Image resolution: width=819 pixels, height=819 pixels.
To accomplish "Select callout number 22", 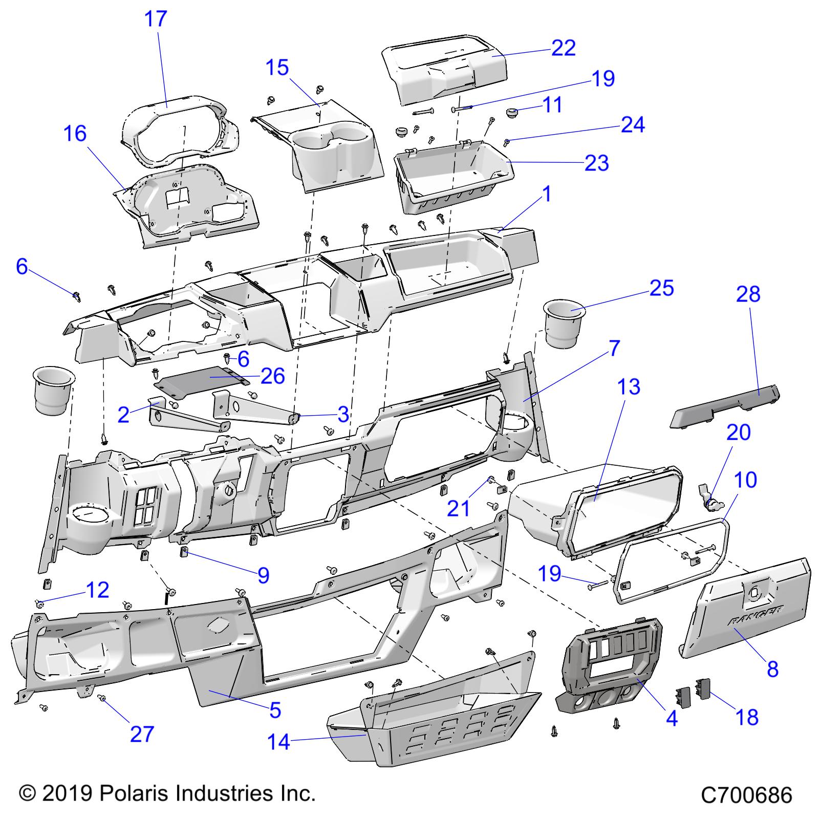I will click(564, 48).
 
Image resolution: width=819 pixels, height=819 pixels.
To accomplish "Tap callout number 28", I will click(748, 294).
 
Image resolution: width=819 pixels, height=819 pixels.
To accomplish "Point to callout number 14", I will click(279, 742).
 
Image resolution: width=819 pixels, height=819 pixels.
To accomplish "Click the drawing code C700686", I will click(746, 795).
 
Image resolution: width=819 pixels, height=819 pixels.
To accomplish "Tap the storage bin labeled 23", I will click(450, 177).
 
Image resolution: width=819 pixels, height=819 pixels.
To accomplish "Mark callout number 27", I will click(142, 734).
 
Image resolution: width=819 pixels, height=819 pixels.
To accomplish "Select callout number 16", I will click(75, 134).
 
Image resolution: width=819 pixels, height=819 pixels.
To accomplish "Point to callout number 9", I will click(263, 575).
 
